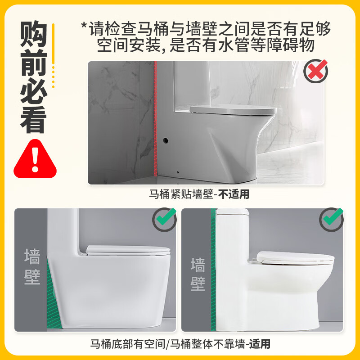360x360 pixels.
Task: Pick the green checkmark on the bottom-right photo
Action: (x=332, y=219)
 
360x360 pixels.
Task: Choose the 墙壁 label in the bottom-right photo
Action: (x=198, y=274)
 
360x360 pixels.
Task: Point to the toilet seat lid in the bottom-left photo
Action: (x=128, y=250)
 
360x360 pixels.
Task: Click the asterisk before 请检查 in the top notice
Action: (x=83, y=26)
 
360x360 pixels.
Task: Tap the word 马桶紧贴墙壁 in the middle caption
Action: (x=180, y=195)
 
